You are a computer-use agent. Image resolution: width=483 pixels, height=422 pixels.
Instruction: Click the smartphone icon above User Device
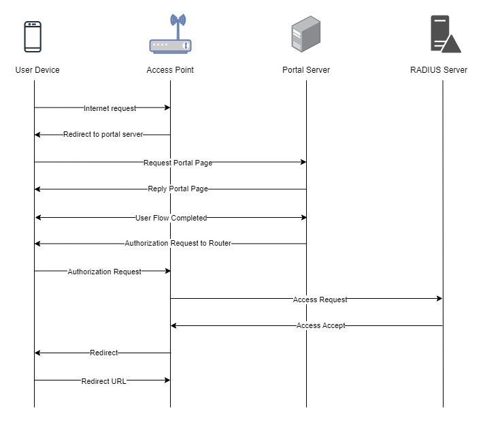coord(33,37)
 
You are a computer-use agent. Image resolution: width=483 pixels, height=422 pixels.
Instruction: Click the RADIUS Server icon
coord(445,34)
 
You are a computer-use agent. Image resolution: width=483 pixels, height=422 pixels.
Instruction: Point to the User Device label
coord(37,70)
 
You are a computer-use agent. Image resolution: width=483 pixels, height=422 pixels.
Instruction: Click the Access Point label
coord(170,70)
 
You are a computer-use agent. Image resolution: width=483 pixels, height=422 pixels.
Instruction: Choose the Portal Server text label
coord(306,70)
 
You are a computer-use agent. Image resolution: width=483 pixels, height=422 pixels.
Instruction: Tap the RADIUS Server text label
coord(439,70)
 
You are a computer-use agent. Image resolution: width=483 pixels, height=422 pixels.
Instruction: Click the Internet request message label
coord(110,108)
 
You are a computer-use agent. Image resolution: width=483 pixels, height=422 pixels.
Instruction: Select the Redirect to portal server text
coord(103,135)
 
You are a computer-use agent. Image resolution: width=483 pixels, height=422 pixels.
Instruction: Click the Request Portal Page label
coord(178,163)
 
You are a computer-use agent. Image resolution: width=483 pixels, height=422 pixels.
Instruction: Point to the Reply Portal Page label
coord(178,189)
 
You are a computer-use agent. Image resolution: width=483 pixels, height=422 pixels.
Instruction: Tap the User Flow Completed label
coord(171,218)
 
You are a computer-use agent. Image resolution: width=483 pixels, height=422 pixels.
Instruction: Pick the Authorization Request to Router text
coord(178,244)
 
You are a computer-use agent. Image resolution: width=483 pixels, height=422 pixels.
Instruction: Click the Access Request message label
coord(320,299)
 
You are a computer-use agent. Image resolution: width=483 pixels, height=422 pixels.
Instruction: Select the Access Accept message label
coord(320,326)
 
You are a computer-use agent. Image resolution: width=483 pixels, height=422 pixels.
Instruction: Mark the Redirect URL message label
coord(103,381)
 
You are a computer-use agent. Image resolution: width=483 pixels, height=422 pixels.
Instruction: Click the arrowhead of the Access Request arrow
coord(439,299)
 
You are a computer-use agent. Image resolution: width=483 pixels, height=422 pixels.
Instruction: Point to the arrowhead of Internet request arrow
coord(167,108)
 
